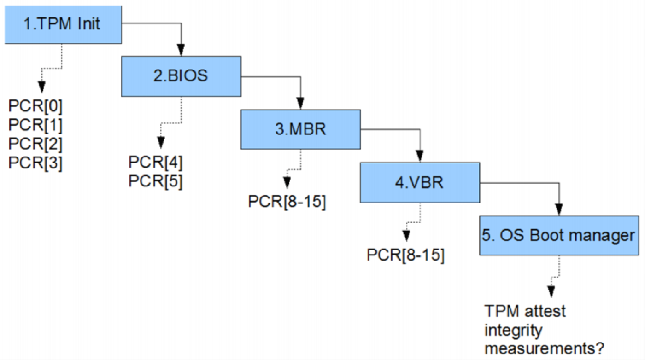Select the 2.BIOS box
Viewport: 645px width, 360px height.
click(x=181, y=76)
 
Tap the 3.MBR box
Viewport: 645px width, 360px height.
click(x=300, y=129)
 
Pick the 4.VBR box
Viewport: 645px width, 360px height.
click(x=419, y=183)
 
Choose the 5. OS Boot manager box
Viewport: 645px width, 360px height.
click(x=559, y=236)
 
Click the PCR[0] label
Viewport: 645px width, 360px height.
click(x=35, y=107)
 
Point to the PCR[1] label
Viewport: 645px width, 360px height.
click(x=35, y=126)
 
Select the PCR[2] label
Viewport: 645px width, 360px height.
click(x=35, y=145)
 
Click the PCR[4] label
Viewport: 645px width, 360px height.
click(x=155, y=163)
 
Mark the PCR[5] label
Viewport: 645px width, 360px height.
click(x=155, y=182)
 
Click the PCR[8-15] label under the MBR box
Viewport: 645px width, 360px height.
click(x=287, y=202)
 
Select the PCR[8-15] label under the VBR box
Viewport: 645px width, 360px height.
click(x=406, y=255)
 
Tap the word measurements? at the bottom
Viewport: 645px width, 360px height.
click(x=544, y=348)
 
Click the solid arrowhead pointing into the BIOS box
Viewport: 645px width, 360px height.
click(x=181, y=49)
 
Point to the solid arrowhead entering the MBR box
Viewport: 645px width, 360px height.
click(x=300, y=103)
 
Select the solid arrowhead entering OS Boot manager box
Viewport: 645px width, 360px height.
click(x=559, y=209)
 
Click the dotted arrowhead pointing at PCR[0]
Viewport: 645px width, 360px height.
click(x=42, y=87)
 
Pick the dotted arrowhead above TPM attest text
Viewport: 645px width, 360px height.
click(x=551, y=292)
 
